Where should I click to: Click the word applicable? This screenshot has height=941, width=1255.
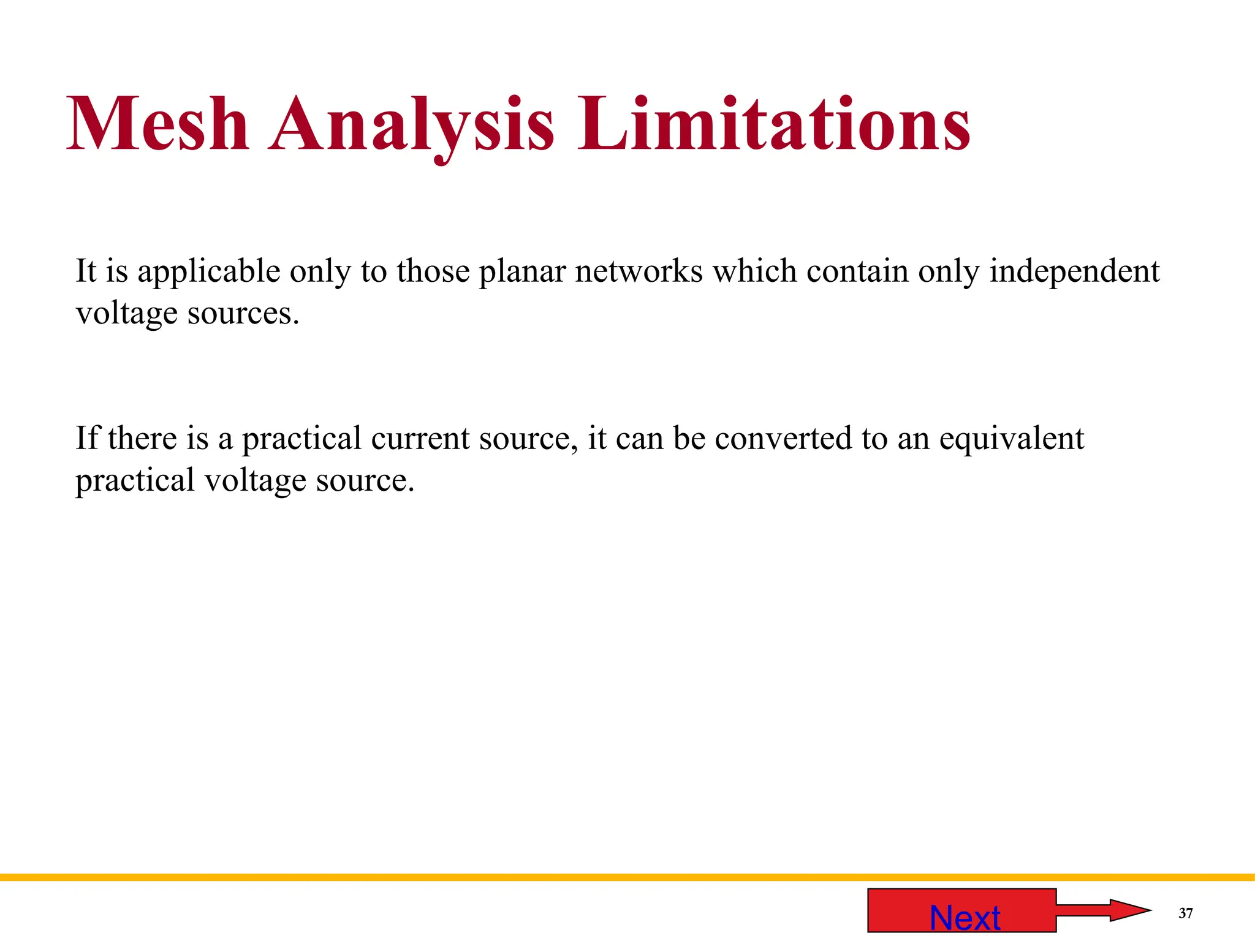209,271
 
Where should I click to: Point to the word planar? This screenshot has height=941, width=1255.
522,271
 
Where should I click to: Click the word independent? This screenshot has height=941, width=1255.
1074,271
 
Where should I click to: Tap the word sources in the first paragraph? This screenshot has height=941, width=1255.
243,314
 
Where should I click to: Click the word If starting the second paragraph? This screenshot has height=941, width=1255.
87,438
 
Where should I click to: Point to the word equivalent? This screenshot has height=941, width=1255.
1011,438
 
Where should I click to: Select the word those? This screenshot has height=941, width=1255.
433,271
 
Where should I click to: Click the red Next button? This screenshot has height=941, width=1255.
961,910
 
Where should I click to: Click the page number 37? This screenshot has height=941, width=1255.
1186,913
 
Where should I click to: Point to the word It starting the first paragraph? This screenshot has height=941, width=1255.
86,271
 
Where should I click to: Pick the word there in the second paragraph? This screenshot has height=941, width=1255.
142,438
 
